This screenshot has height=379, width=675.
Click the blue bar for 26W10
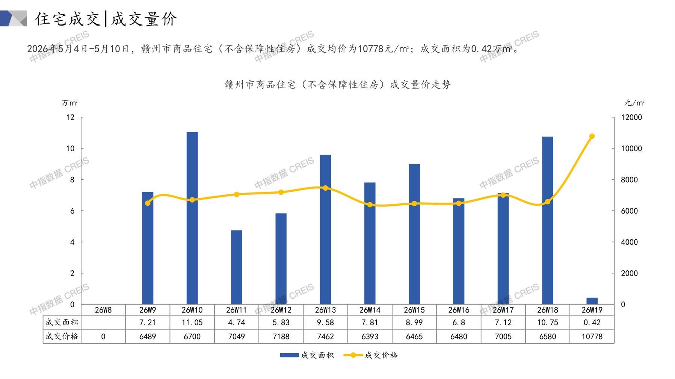(x=192, y=218)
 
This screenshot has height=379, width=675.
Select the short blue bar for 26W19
(x=592, y=301)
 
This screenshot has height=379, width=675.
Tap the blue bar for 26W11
(x=236, y=267)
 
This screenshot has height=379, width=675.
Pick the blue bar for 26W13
(x=325, y=229)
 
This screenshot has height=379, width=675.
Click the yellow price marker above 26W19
(x=592, y=136)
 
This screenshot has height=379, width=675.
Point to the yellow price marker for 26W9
(x=148, y=203)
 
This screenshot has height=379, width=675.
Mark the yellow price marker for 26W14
(x=370, y=205)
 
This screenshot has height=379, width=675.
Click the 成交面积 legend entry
(x=307, y=355)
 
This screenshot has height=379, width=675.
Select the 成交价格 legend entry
(x=370, y=355)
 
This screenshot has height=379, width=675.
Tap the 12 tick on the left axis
(x=70, y=117)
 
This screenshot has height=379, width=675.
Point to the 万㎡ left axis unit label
(x=69, y=103)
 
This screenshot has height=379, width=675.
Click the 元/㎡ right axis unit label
(x=634, y=103)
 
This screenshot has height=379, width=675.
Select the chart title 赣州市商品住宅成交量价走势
(x=337, y=85)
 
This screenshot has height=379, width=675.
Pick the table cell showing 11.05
(x=192, y=322)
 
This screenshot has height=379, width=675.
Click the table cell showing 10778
(x=592, y=337)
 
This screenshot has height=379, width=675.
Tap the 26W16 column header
(x=459, y=310)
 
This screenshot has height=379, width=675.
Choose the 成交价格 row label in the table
(x=62, y=336)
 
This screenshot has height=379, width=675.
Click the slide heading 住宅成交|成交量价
(x=106, y=19)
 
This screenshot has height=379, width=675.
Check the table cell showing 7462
(x=325, y=337)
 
